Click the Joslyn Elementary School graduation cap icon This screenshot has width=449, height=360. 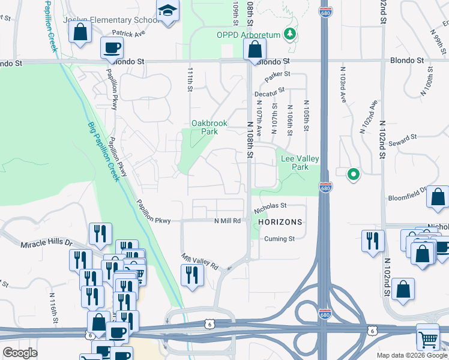167,11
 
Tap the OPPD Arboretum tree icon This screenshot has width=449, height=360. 291,34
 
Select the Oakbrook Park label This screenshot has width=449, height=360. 209,127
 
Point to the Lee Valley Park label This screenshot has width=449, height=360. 300,163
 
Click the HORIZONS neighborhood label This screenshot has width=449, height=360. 280,222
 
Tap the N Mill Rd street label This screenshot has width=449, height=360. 228,221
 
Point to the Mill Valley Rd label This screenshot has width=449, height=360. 200,261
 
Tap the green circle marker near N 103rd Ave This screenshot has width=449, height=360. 354,174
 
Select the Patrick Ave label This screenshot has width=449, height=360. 128,34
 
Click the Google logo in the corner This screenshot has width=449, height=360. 19,353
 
